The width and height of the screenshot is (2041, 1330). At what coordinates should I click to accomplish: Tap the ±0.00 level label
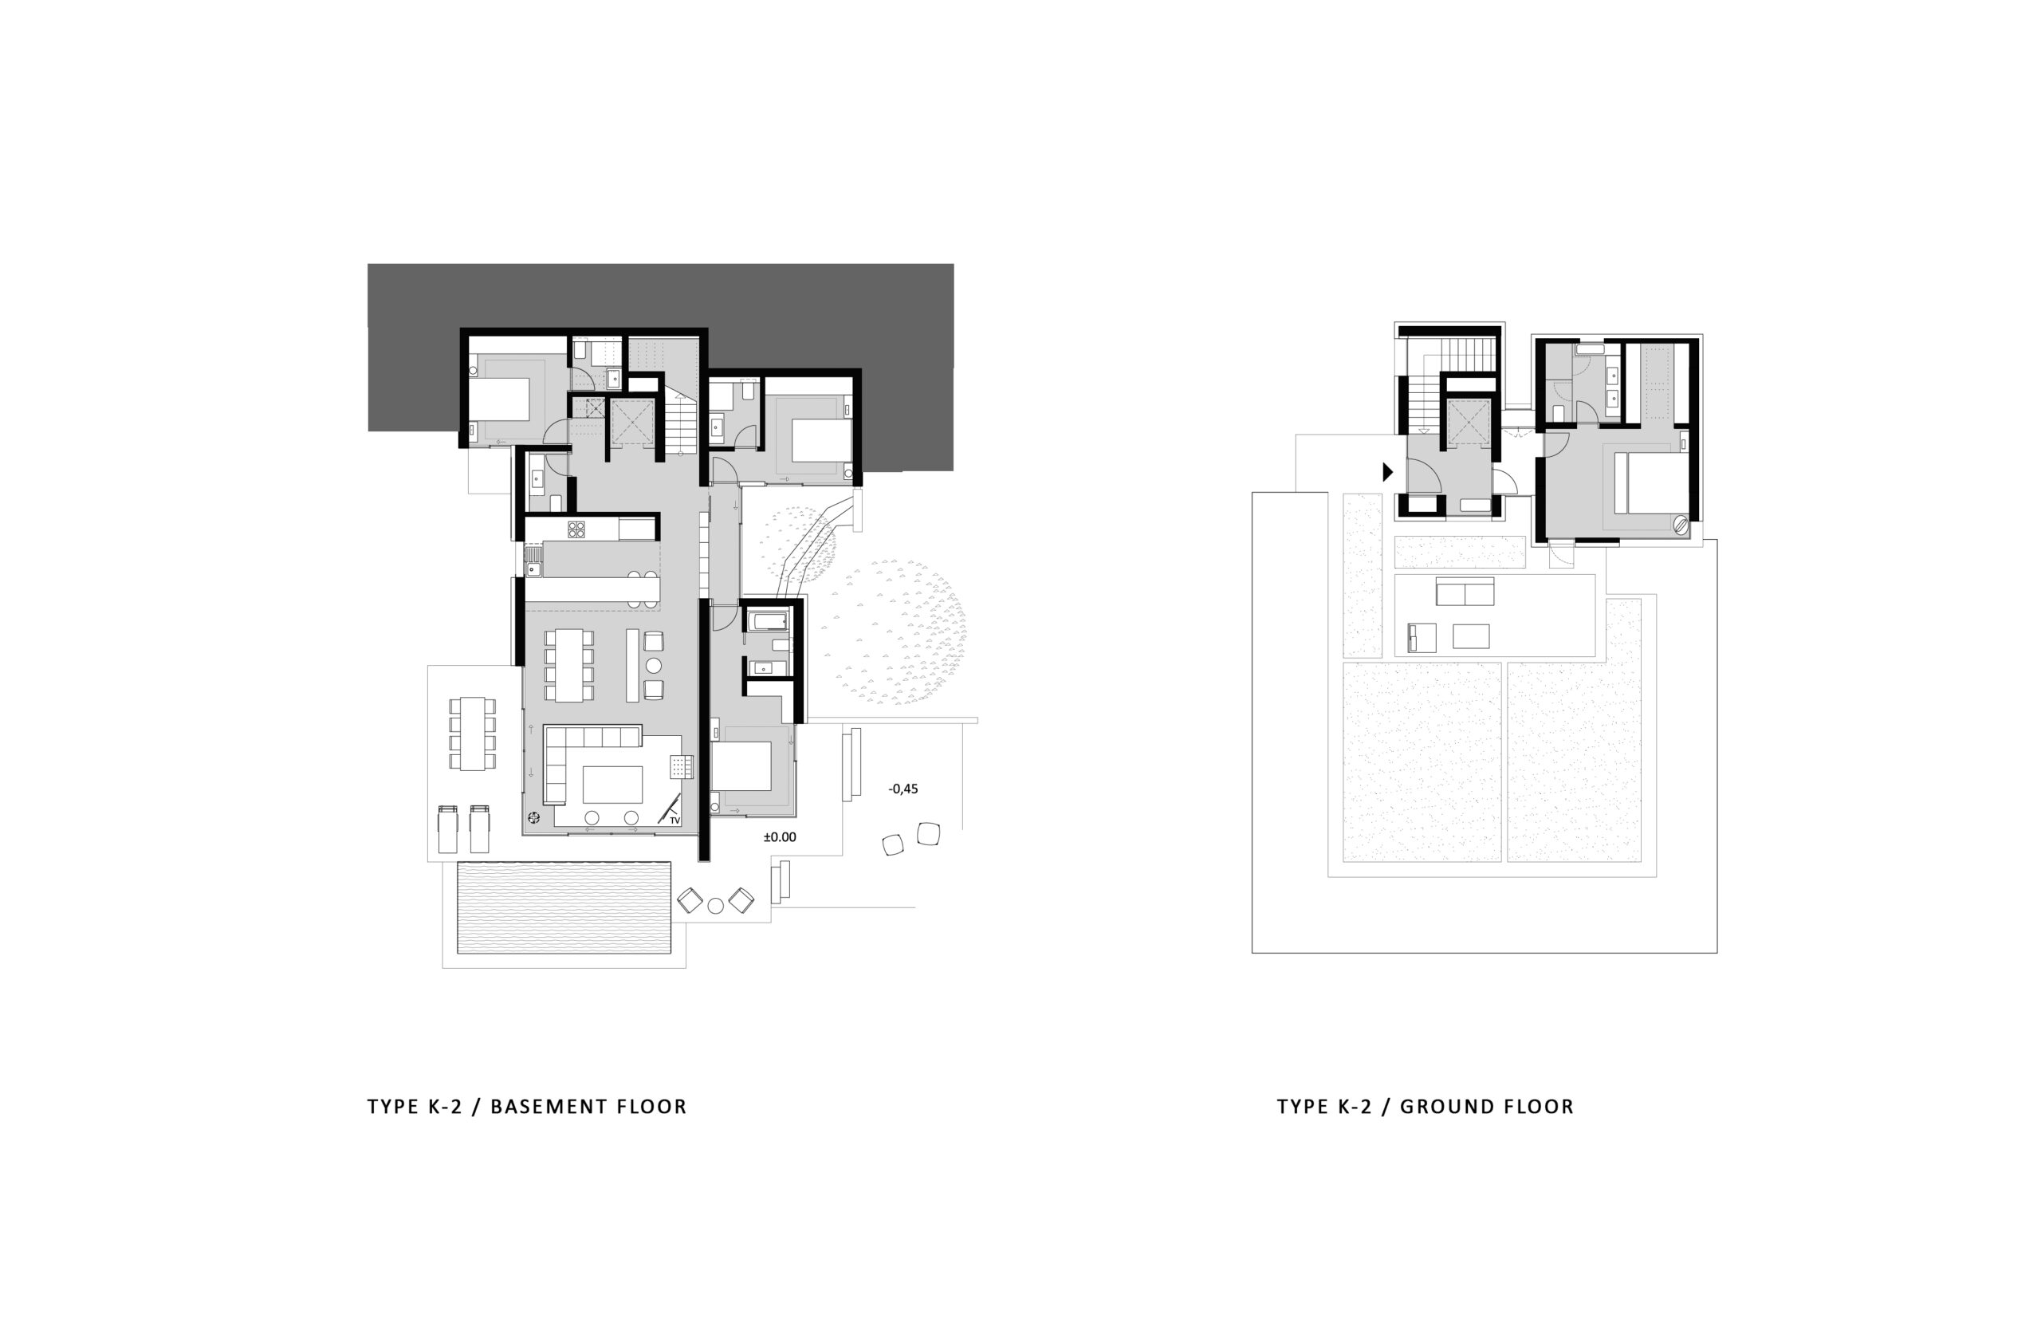[780, 837]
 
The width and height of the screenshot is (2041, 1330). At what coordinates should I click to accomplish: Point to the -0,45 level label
[903, 789]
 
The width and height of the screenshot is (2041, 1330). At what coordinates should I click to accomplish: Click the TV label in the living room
[675, 820]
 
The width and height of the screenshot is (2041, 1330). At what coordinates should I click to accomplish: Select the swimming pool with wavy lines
[564, 908]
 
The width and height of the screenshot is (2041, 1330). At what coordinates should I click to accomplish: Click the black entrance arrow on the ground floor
[1387, 471]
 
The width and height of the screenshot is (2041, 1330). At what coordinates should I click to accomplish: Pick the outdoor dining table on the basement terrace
[473, 734]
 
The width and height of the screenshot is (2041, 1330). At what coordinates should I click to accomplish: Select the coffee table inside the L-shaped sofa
[612, 784]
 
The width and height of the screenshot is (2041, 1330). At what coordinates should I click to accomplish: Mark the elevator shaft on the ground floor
[1469, 424]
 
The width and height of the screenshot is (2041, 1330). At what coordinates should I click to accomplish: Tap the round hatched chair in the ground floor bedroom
[1681, 524]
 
